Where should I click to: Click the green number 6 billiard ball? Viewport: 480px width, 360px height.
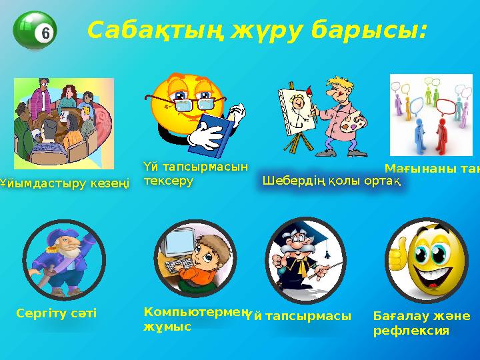click(35, 31)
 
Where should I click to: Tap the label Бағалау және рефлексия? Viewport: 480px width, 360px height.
click(421, 322)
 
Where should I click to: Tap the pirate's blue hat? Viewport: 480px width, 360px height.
click(63, 235)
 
